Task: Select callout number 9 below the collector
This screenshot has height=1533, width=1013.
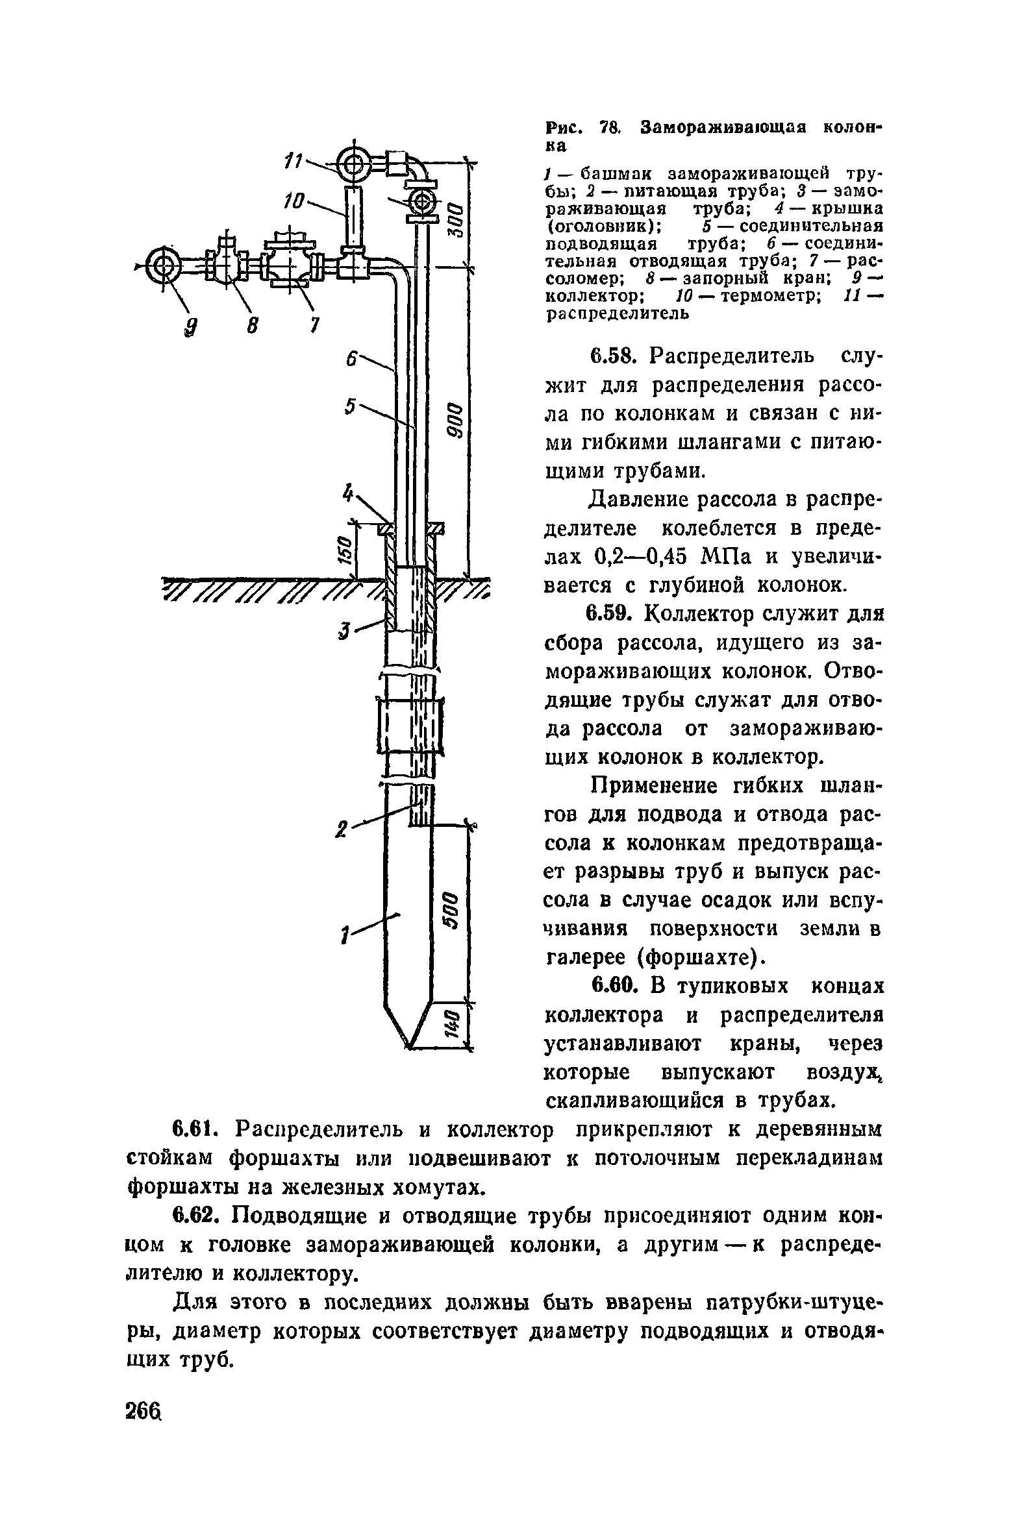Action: click(x=190, y=330)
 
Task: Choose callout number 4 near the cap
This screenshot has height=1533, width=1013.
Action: click(x=349, y=495)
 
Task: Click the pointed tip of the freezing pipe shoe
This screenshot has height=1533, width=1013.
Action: click(x=410, y=1046)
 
